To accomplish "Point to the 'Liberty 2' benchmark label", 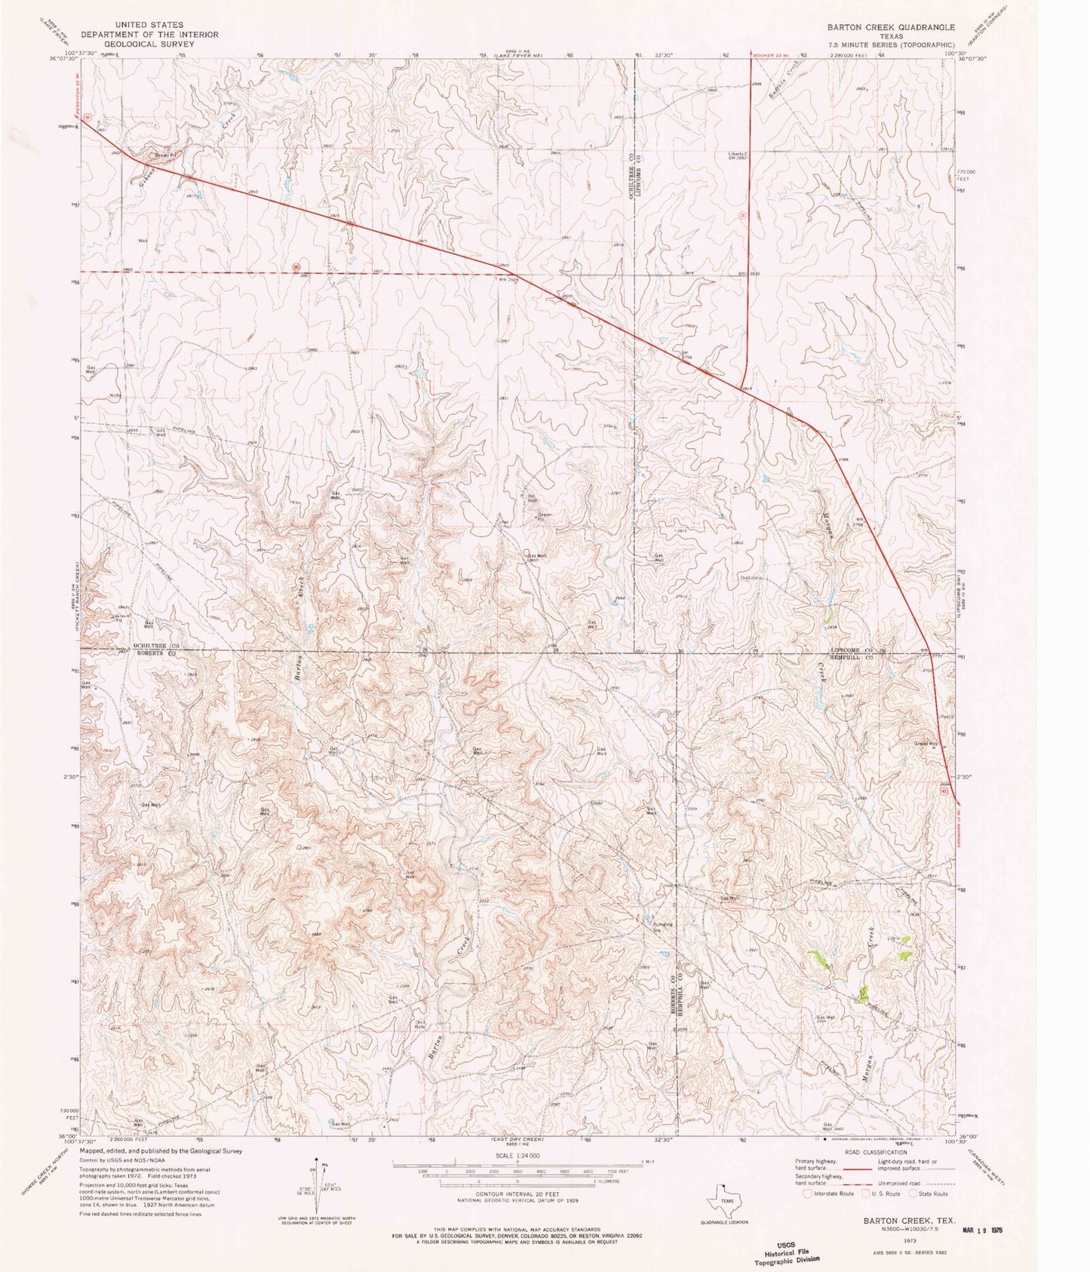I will click(738, 154).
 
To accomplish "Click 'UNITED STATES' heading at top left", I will click(149, 25).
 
